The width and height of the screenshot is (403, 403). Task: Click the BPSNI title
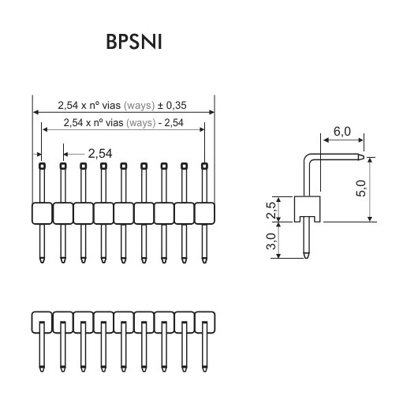click(134, 42)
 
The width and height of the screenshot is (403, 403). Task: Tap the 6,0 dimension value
click(342, 132)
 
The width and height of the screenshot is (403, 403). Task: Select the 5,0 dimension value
click(360, 188)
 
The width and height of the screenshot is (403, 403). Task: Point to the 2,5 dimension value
click(271, 211)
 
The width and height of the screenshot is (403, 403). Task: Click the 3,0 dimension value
click(271, 241)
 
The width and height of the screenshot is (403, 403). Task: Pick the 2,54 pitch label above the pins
click(100, 154)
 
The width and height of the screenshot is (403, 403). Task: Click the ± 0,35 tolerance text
click(172, 106)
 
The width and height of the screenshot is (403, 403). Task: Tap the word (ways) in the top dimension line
click(139, 106)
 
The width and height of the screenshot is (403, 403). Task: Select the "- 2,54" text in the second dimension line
click(171, 123)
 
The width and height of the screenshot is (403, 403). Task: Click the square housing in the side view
click(307, 209)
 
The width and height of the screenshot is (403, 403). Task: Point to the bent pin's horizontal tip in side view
click(361, 157)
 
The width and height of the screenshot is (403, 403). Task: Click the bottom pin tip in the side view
click(306, 256)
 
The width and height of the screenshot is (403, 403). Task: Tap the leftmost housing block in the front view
click(42, 213)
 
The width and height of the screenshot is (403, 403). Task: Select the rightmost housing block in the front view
click(204, 213)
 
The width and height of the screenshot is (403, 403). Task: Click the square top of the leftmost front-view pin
click(42, 166)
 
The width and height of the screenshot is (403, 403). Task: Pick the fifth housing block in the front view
click(124, 213)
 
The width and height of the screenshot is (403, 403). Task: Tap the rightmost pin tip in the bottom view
click(204, 369)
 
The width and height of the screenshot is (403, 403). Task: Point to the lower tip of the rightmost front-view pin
click(204, 260)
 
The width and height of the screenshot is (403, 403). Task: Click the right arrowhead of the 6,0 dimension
click(361, 140)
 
